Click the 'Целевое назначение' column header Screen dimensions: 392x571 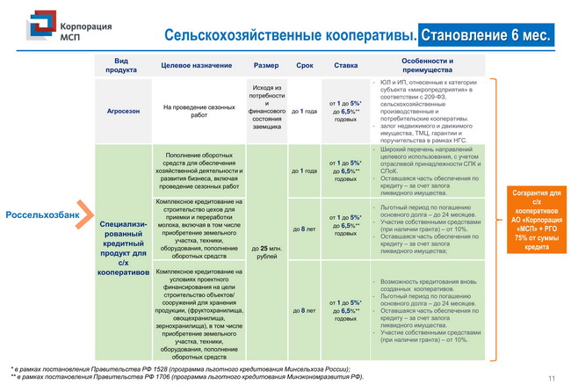pyautogui.click(x=197, y=66)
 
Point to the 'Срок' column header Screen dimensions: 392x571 pyautogui.click(x=304, y=66)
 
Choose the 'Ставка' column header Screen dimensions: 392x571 pyautogui.click(x=345, y=66)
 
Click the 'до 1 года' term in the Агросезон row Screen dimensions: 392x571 pyautogui.click(x=304, y=112)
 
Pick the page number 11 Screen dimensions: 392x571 pyautogui.click(x=552, y=378)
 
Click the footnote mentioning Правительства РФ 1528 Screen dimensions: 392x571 pyautogui.click(x=180, y=368)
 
